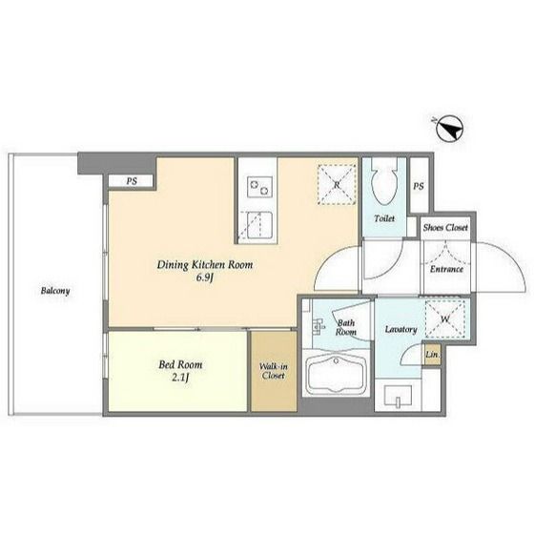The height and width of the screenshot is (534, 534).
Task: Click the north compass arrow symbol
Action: pos(449,130)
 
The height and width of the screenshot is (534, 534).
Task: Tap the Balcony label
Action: pos(55,291)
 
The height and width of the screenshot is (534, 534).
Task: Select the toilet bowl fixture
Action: pos(385,181)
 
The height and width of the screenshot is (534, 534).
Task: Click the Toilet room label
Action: pos(384,218)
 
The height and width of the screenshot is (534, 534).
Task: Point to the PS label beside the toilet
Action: pos(419,186)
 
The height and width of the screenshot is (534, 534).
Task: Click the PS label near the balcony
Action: pos(132,181)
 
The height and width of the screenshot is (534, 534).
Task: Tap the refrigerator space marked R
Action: pos(337,185)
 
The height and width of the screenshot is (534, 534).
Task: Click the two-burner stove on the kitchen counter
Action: pos(259,187)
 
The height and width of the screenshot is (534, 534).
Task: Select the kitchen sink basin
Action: pos(259,225)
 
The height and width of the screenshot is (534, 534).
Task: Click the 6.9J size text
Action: pos(205,277)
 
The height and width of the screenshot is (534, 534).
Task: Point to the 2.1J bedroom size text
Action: pos(180,378)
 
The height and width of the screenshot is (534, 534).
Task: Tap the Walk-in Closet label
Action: pos(274,371)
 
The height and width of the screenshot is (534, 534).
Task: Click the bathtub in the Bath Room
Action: pos(337,373)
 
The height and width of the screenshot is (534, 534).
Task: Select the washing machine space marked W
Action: pos(445,319)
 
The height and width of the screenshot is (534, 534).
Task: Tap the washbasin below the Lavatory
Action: pos(398,396)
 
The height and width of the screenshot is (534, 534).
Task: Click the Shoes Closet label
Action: pos(445,228)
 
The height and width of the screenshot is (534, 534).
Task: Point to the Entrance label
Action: pos(446,269)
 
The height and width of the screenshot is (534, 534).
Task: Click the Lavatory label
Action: pos(400,330)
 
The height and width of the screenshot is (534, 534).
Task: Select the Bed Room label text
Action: pos(180,364)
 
